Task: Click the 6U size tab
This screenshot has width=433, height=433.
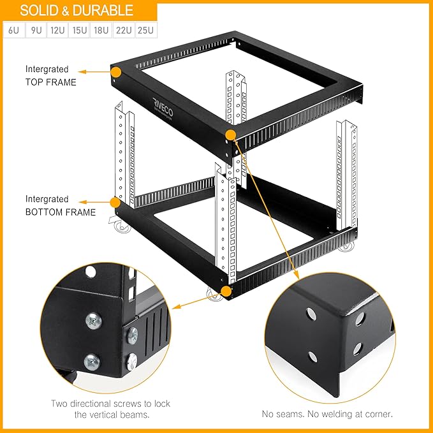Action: coord(14,30)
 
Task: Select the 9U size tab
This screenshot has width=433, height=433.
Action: coord(36,30)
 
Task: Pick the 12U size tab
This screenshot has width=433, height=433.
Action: coord(57,30)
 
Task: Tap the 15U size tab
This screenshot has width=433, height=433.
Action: coord(80,30)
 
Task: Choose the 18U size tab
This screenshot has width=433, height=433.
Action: coord(101,30)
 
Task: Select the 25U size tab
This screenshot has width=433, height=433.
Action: coord(146,30)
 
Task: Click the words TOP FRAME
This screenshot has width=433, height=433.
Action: coord(51,82)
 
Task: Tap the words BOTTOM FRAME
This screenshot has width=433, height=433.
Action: coord(61,212)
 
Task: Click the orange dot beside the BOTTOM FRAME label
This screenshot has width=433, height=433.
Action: coord(115,203)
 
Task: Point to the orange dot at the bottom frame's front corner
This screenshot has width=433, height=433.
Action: coord(226,291)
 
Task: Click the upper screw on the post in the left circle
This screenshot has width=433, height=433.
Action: coord(92,321)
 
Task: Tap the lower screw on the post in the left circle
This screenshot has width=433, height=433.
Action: coord(92,361)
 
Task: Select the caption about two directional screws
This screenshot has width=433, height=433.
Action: coord(101,409)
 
